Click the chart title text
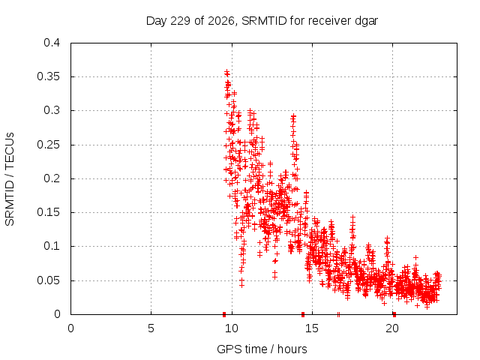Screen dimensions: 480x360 [x=262, y=21]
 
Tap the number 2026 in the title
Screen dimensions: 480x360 [x=221, y=21]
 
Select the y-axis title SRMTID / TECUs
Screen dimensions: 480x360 [x=10, y=179]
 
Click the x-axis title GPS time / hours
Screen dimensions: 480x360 [x=262, y=349]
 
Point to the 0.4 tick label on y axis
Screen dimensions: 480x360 [x=52, y=43]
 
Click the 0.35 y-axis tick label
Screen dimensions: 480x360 [x=48, y=76]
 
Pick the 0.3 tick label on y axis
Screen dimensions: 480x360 [x=52, y=110]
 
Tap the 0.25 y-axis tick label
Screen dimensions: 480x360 [x=48, y=145]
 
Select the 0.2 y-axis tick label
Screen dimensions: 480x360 [x=52, y=178]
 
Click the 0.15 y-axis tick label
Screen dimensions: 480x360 [x=48, y=212]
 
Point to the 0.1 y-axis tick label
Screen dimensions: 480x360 [x=52, y=246]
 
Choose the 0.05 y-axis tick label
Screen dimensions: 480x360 [x=48, y=280]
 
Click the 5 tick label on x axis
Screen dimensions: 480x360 [x=151, y=328]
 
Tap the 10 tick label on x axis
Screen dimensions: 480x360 [x=232, y=328]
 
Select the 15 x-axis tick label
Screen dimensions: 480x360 [x=312, y=328]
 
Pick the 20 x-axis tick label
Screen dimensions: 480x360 [x=392, y=328]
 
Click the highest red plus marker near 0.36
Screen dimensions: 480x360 [x=226, y=72]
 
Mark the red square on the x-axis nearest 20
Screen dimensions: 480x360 [x=394, y=314]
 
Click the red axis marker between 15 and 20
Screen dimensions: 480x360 [x=338, y=314]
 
